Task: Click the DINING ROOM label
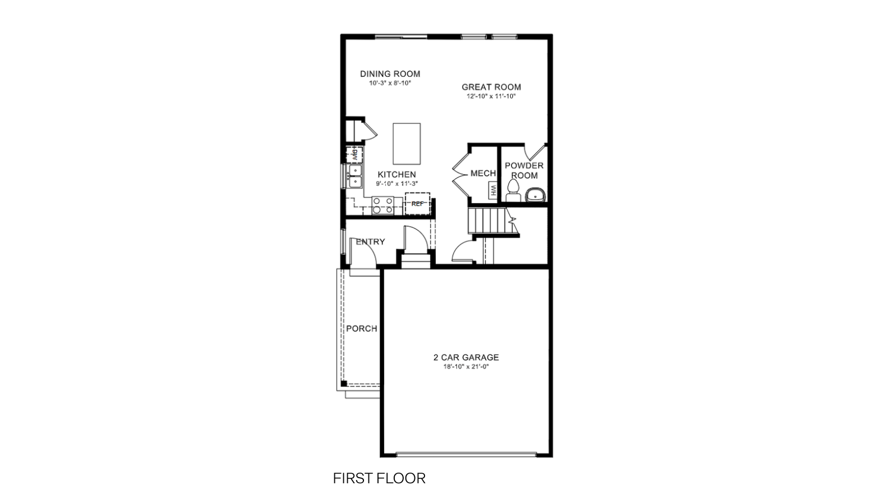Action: click(x=390, y=74)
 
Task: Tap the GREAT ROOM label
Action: click(x=491, y=87)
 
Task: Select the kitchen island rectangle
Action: click(x=407, y=143)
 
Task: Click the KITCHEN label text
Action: click(x=396, y=175)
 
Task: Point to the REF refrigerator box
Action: click(x=417, y=203)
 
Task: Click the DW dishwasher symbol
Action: click(x=353, y=154)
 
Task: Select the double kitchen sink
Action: click(x=354, y=176)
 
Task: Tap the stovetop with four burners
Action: click(x=383, y=205)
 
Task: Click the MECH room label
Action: click(x=483, y=174)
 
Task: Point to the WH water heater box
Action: click(x=493, y=190)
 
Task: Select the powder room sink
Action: click(x=535, y=195)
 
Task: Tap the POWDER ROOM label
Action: click(x=524, y=170)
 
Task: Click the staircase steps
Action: click(x=488, y=221)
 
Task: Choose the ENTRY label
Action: click(x=371, y=242)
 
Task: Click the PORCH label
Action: click(x=361, y=329)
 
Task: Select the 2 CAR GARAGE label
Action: click(x=466, y=357)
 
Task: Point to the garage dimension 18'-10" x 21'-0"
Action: click(x=466, y=367)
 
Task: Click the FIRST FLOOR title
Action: click(x=379, y=478)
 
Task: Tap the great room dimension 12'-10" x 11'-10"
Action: click(x=491, y=96)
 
